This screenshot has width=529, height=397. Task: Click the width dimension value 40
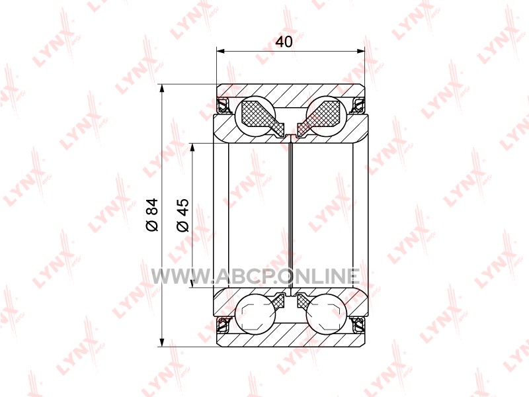tap(284, 42)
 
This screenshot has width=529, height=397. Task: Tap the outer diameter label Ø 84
tap(152, 214)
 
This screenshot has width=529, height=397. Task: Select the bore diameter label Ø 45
tap(183, 215)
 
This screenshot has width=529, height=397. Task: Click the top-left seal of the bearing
tap(223, 105)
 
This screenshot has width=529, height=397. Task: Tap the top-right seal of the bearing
tap(358, 105)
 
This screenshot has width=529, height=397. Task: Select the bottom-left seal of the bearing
tap(223, 325)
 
